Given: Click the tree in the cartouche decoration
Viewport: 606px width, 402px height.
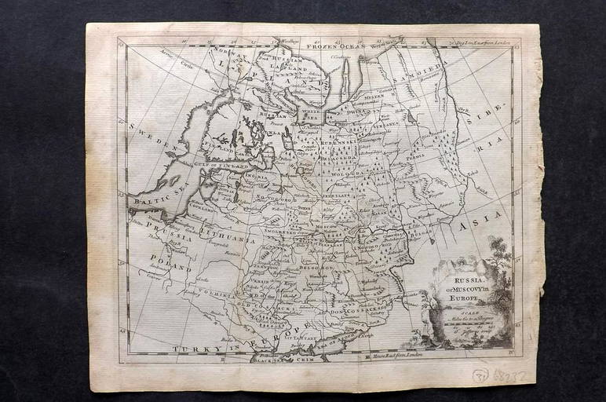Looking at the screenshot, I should [x=498, y=259].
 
